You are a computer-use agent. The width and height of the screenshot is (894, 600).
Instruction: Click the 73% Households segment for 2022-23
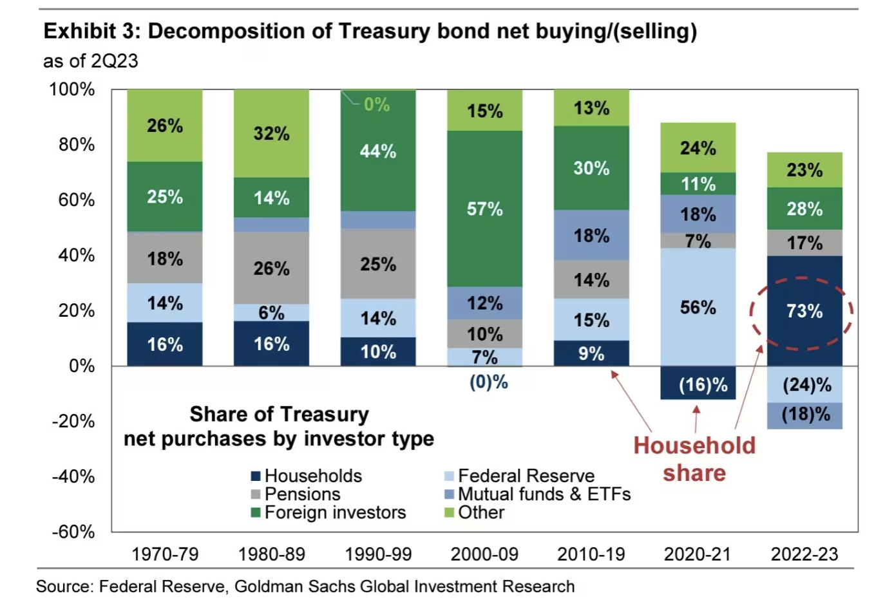point(804,311)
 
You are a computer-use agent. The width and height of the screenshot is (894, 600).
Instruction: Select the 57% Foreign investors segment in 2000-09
point(484,209)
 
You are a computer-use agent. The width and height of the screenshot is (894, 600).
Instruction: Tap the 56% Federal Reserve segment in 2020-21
point(698,307)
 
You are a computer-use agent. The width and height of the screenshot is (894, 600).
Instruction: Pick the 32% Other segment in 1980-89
point(271,133)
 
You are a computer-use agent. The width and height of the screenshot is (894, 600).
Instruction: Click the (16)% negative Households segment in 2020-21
point(698,384)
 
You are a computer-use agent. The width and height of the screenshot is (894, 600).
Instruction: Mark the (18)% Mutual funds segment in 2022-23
point(804,415)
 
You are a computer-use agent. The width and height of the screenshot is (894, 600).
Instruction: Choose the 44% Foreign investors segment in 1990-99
point(378,151)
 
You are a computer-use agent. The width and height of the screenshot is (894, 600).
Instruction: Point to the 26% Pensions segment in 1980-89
point(271,268)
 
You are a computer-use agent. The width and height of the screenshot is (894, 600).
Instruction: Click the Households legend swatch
point(256,476)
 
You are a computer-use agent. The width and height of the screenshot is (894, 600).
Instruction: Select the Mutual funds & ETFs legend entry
point(544,494)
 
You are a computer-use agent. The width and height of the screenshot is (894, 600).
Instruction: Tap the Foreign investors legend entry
point(335,512)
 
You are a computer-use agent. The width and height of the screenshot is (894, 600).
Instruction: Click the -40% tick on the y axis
point(73,476)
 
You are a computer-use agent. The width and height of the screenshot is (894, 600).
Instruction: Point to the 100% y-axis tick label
point(72,89)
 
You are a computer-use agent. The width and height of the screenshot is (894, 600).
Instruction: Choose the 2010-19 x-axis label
point(591,554)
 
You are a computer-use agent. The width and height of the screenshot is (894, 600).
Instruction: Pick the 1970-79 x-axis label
point(165,554)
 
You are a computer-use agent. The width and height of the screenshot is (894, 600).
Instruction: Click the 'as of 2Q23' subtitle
point(91,61)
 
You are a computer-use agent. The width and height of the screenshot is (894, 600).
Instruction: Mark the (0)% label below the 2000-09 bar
point(488,382)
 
